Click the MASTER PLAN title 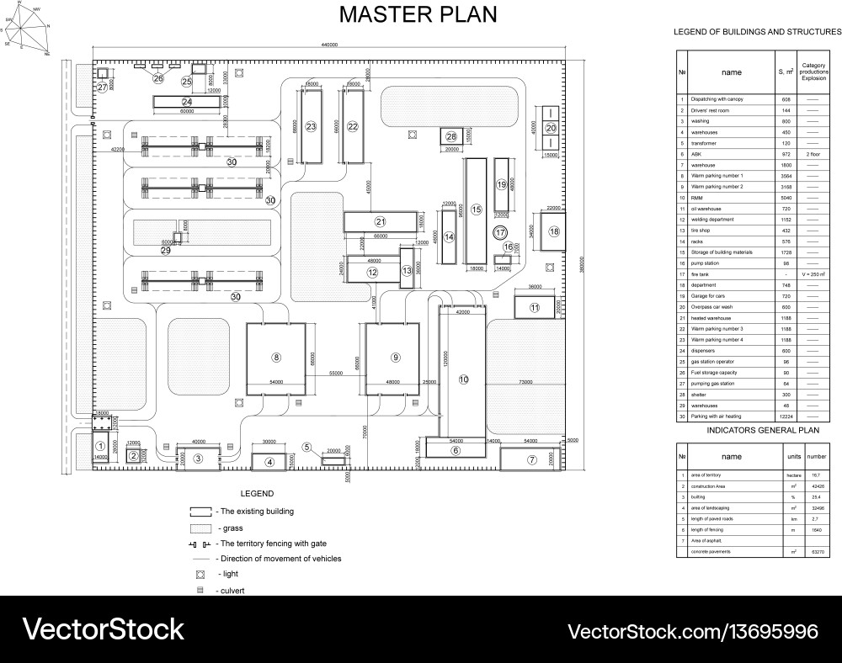[x=418, y=14]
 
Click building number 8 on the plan [x=276, y=357]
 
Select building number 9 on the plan [x=394, y=357]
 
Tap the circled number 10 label [x=463, y=380]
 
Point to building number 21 [x=380, y=222]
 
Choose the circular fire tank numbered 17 [x=500, y=232]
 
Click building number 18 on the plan [x=554, y=231]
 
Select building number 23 [x=311, y=127]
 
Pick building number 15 [x=476, y=209]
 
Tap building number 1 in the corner [x=100, y=446]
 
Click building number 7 [x=531, y=459]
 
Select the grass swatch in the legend [x=200, y=528]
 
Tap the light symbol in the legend [x=200, y=574]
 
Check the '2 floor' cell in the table [x=813, y=155]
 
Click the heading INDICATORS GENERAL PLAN [x=750, y=428]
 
